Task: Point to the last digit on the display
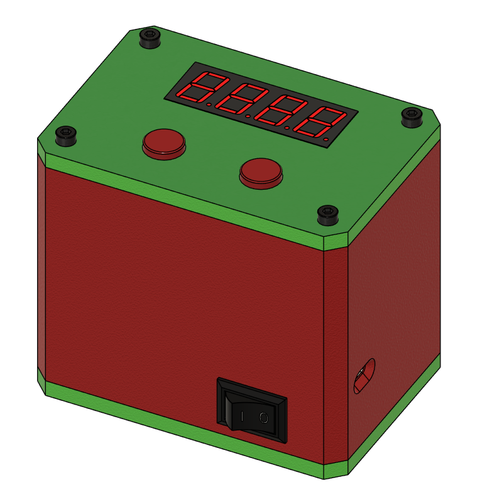pos(320,123)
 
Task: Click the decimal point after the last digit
pos(326,139)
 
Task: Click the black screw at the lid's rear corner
pos(150,38)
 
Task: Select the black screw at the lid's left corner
pos(66,136)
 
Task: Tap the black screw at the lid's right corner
pos(412,118)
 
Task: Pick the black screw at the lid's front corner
pos(328,215)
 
